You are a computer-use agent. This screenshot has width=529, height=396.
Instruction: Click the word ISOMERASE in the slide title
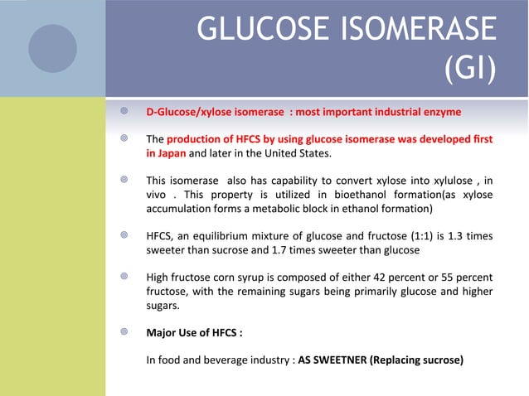[x=407, y=31]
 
